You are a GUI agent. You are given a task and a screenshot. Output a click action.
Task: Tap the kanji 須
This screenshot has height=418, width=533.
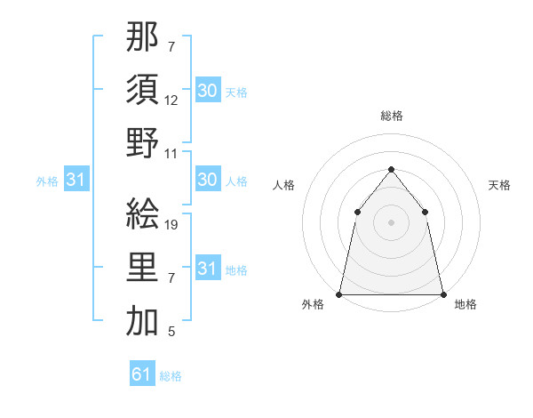click(142, 91)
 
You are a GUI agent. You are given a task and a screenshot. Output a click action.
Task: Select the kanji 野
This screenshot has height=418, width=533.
click(142, 142)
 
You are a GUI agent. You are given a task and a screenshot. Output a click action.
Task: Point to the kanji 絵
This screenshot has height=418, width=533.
click(142, 213)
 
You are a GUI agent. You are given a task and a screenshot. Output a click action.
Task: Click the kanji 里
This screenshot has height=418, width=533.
click(142, 266)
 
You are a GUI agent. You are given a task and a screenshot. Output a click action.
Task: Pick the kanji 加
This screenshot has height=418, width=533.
click(142, 319)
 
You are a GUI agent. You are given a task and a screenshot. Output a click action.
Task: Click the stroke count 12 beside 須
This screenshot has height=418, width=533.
click(171, 101)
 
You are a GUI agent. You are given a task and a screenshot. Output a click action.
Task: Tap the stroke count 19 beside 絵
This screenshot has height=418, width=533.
click(172, 225)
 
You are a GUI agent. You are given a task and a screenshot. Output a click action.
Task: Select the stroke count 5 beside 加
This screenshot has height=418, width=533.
click(171, 332)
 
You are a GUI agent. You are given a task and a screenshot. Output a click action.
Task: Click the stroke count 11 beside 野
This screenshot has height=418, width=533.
click(172, 153)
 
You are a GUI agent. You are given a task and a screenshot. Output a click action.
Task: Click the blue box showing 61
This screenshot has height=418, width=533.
click(142, 374)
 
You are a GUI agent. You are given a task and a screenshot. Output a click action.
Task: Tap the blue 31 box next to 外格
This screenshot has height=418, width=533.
click(75, 181)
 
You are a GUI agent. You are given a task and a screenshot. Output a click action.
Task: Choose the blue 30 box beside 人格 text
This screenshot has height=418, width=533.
click(207, 181)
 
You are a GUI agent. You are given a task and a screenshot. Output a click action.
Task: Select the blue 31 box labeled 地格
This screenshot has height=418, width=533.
click(207, 269)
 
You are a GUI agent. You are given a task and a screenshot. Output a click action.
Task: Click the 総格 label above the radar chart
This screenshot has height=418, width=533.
click(391, 117)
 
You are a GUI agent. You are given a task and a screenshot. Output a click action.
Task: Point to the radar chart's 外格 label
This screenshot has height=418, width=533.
click(313, 304)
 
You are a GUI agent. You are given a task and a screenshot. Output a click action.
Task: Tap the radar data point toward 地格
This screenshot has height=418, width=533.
click(442, 293)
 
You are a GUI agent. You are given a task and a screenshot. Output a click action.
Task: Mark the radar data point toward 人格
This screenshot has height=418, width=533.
click(357, 212)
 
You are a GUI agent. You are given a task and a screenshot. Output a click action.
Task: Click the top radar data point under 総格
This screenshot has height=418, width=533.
click(391, 169)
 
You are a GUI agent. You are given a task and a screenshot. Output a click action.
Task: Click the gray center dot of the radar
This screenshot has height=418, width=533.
click(391, 222)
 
